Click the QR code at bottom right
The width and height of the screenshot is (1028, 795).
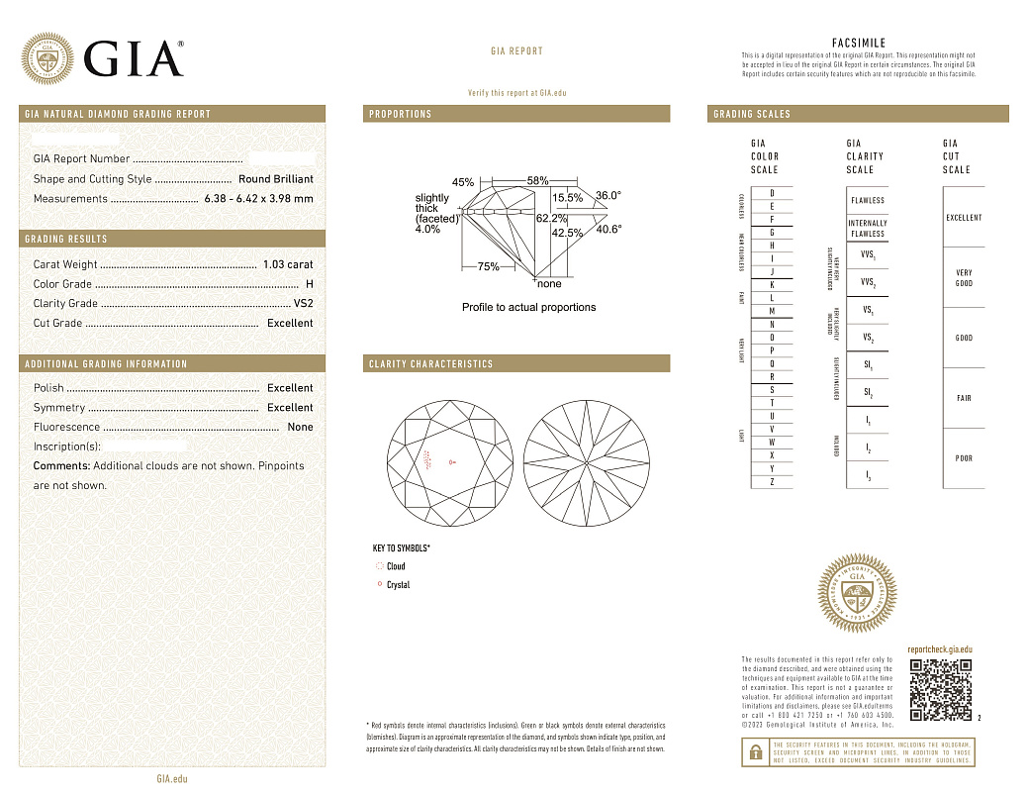(940, 689)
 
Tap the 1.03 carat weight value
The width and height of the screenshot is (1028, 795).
(288, 264)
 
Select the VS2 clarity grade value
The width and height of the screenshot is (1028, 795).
(303, 303)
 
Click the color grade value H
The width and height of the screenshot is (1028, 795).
(310, 284)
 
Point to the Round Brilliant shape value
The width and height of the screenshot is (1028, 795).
(276, 179)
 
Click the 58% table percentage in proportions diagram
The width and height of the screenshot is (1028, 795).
(537, 181)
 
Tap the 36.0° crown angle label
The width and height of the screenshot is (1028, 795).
(608, 196)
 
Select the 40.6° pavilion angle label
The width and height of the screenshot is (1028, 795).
(608, 229)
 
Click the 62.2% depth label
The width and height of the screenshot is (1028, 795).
(551, 217)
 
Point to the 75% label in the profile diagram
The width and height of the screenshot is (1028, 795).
(488, 266)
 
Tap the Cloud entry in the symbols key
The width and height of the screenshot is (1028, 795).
(396, 566)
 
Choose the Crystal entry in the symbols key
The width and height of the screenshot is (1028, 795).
(398, 585)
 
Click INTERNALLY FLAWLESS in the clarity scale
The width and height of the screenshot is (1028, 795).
(868, 229)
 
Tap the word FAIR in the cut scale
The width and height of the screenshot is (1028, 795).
(964, 398)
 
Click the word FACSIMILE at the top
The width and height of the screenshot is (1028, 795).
(859, 44)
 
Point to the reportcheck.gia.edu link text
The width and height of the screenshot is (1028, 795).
(940, 647)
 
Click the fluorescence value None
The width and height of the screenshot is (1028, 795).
(300, 427)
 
